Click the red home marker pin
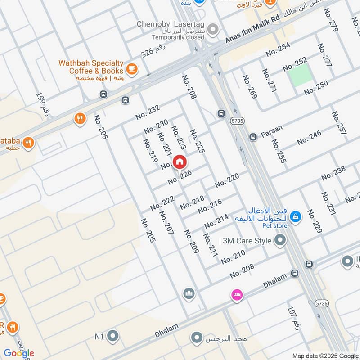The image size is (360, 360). [180, 162]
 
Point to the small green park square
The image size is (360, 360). [300, 75]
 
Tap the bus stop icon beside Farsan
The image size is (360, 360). [253, 136]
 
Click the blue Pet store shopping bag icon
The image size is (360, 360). [296, 216]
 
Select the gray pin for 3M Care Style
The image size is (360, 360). [280, 241]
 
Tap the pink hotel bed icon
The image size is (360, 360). [236, 295]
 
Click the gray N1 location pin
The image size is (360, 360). [112, 336]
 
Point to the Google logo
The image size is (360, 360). [19, 353]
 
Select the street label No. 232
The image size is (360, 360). [148, 112]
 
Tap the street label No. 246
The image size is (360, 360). [309, 137]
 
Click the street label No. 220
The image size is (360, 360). [227, 181]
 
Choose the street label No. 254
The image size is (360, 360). [278, 49]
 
